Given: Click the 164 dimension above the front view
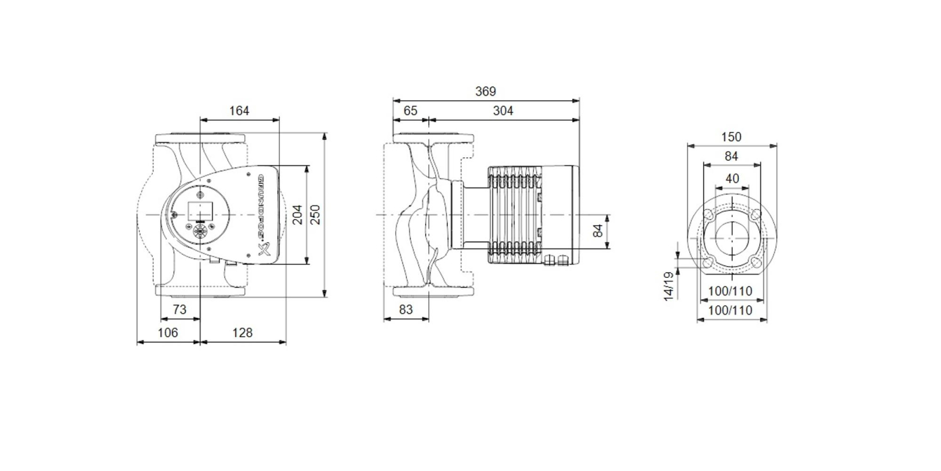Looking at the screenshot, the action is tap(239, 111).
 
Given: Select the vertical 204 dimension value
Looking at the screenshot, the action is tap(298, 214).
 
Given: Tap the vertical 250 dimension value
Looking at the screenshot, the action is tap(315, 214).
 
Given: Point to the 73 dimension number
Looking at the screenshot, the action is tap(179, 310).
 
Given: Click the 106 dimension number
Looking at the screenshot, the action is tap(168, 333).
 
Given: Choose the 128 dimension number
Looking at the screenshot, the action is tap(242, 333).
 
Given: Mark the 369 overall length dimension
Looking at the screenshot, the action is tap(486, 91).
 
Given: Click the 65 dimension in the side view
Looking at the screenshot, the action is tap(411, 111).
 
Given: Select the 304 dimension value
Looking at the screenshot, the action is tap(503, 111).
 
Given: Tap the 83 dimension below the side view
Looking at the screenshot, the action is tap(406, 310).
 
